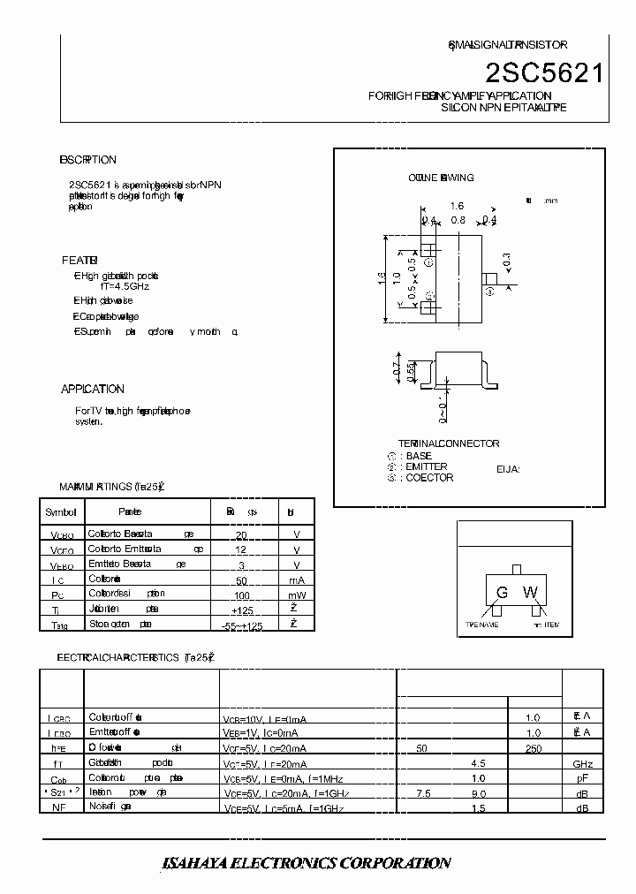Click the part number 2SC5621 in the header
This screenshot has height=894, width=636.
click(x=545, y=73)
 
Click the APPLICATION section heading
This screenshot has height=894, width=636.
click(x=93, y=389)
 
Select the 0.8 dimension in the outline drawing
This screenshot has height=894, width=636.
click(x=458, y=220)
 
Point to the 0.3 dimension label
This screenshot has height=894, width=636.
click(x=506, y=261)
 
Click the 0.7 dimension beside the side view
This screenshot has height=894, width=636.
click(x=398, y=371)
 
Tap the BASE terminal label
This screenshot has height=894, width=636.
click(x=419, y=456)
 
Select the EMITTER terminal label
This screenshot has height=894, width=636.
click(x=426, y=466)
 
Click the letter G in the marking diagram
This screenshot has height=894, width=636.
click(x=502, y=593)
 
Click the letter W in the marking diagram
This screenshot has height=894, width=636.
click(x=530, y=593)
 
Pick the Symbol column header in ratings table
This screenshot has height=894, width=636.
click(x=61, y=511)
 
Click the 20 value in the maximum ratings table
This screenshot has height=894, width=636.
click(x=241, y=535)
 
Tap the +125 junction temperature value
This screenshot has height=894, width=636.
click(x=242, y=610)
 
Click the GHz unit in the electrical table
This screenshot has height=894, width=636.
click(x=582, y=763)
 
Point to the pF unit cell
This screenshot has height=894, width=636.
click(x=582, y=778)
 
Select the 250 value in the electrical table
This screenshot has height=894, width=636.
click(x=533, y=748)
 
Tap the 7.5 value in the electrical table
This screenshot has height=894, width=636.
click(x=423, y=793)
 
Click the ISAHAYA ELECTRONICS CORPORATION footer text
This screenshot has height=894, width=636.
click(x=307, y=863)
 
